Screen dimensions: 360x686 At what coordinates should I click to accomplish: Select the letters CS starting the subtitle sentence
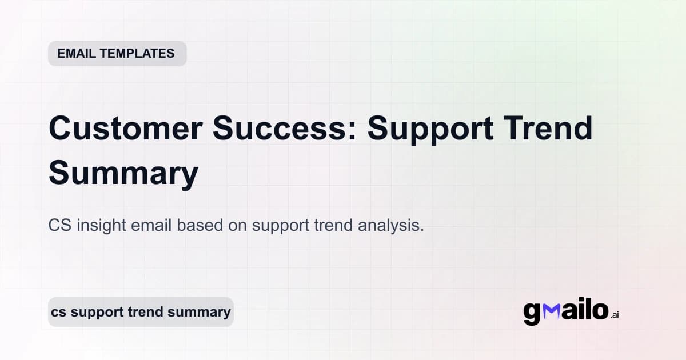pyautogui.click(x=58, y=226)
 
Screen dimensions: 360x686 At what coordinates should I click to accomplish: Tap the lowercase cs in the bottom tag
pyautogui.click(x=58, y=313)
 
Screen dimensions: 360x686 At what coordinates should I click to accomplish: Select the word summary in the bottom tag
pyautogui.click(x=203, y=313)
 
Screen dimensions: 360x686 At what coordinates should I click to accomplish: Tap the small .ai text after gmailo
pyautogui.click(x=615, y=315)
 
